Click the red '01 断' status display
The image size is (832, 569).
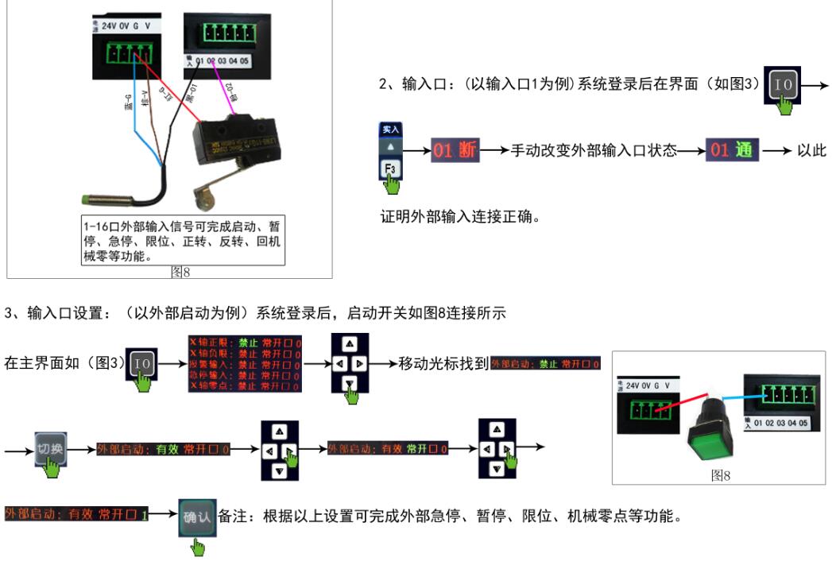click(455, 149)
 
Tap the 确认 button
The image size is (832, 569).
click(196, 517)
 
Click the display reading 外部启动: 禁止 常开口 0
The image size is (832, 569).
click(545, 363)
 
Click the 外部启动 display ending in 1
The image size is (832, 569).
click(76, 515)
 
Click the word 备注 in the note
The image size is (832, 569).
click(230, 517)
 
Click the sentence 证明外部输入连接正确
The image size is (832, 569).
click(459, 216)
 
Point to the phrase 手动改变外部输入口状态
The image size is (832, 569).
click(593, 150)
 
